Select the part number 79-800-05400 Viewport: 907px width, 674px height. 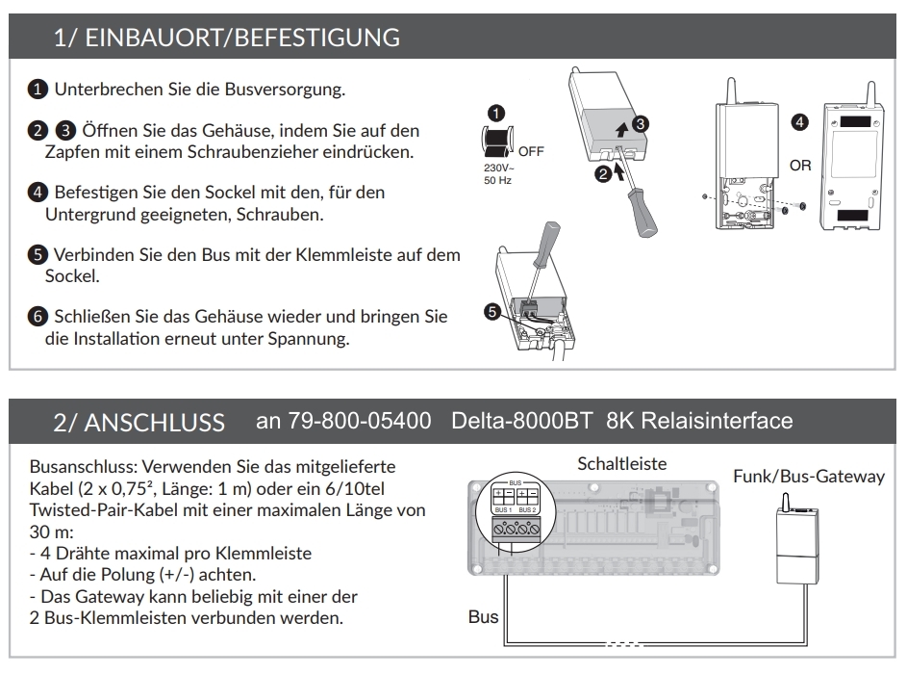click(343, 422)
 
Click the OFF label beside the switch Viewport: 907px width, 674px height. click(531, 151)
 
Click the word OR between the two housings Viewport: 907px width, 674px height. click(800, 166)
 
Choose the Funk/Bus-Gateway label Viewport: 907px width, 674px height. click(809, 476)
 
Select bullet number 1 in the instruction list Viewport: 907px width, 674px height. click(36, 91)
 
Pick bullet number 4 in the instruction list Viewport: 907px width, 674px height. click(36, 193)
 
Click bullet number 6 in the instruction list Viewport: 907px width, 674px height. click(36, 317)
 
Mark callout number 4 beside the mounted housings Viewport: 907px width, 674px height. click(798, 122)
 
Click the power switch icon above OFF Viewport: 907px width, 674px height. click(496, 141)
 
